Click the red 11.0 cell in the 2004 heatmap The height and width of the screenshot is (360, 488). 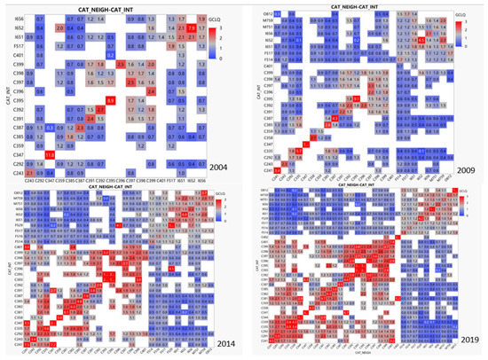(x=51, y=154)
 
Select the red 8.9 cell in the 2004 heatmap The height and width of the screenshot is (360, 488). (x=111, y=101)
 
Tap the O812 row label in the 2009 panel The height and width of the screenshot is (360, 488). (x=262, y=15)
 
